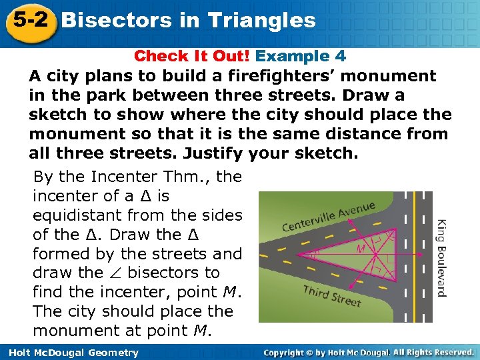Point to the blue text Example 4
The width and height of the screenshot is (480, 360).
(x=301, y=57)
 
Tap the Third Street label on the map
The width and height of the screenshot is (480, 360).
(x=331, y=295)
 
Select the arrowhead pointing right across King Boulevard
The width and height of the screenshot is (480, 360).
(x=422, y=254)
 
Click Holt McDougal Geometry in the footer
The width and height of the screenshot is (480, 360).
(x=70, y=353)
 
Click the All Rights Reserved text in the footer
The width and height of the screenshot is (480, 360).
(x=434, y=352)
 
